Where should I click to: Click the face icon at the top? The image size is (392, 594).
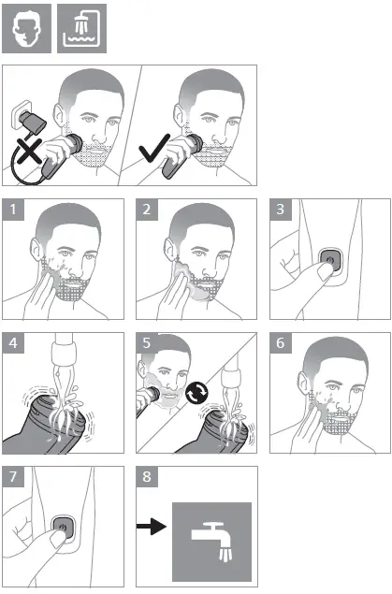[26, 29]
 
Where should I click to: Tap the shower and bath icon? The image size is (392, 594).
[81, 29]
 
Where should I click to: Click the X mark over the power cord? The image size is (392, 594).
[29, 151]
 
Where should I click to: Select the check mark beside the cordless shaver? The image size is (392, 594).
[154, 148]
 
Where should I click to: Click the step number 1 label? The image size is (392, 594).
[13, 210]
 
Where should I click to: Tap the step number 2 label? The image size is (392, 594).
[147, 210]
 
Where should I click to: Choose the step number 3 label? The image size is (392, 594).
[281, 210]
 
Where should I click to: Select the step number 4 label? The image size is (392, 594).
[13, 343]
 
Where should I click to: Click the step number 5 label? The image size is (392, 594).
[147, 343]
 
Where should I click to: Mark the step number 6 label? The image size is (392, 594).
[281, 343]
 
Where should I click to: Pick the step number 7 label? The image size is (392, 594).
[13, 477]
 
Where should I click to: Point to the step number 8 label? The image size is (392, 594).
[147, 477]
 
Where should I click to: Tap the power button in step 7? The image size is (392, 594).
[62, 527]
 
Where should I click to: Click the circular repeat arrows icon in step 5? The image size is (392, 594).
[197, 393]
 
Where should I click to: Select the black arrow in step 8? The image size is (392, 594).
[152, 527]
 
